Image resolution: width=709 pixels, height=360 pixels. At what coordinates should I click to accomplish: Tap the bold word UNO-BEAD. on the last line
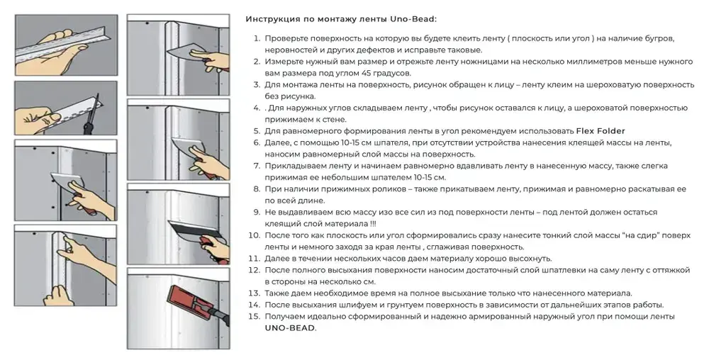[291, 328]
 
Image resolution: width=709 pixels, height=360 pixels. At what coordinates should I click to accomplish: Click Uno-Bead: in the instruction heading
[415, 18]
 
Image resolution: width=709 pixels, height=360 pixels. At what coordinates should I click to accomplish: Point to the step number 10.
[254, 235]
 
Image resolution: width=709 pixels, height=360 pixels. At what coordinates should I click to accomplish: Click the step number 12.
[254, 269]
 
